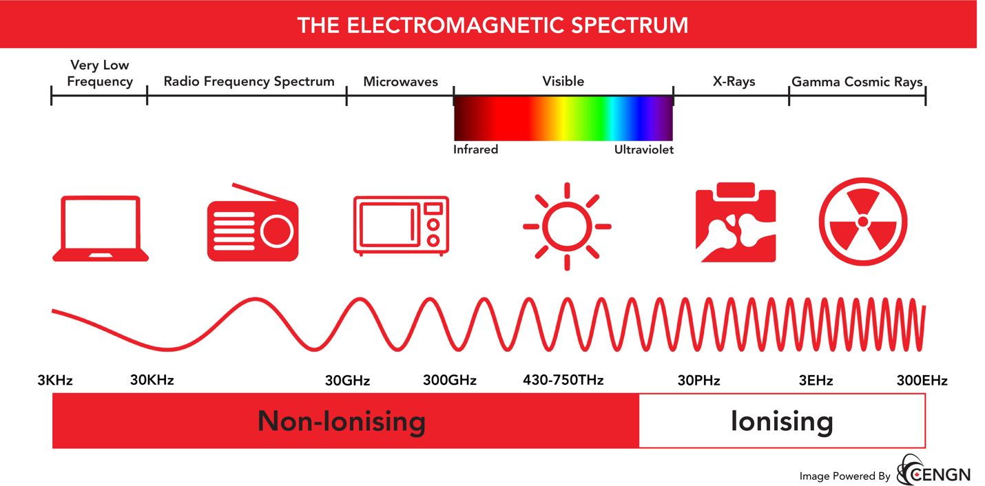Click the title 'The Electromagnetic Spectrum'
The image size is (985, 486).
coord(493,25)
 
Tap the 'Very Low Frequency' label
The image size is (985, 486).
coord(100,73)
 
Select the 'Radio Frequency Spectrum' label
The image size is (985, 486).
coord(249,81)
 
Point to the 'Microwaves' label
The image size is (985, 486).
coord(400,82)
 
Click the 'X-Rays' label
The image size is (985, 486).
coord(734,81)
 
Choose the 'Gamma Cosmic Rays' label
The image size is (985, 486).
coord(857,82)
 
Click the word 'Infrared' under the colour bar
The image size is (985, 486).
coord(475,149)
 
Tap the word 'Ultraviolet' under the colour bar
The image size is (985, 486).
coord(643,149)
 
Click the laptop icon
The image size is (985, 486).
coord(101,229)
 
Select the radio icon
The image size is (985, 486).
coord(253,224)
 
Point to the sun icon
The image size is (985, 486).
coord(566,226)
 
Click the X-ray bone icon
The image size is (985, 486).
coord(736,222)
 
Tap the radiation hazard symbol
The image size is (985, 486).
coord(862,222)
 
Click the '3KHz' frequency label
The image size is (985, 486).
coord(55,381)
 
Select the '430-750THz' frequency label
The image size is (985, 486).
coord(563,380)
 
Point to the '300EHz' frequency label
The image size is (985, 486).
coord(922,381)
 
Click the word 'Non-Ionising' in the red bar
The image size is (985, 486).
coord(341,421)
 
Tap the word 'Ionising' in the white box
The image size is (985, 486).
coord(782,421)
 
